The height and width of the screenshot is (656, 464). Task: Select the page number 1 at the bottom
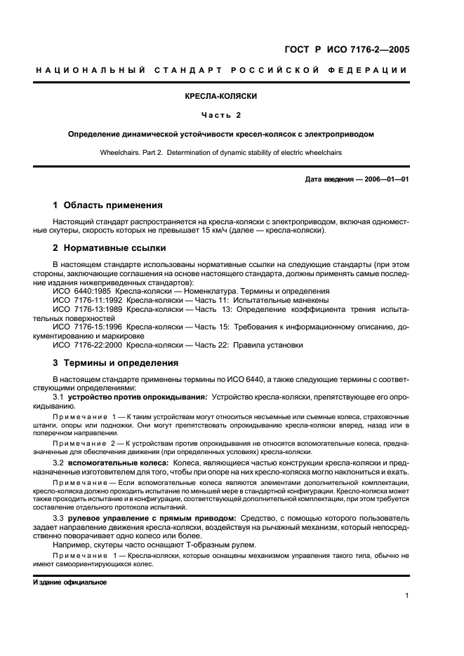click(x=407, y=596)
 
